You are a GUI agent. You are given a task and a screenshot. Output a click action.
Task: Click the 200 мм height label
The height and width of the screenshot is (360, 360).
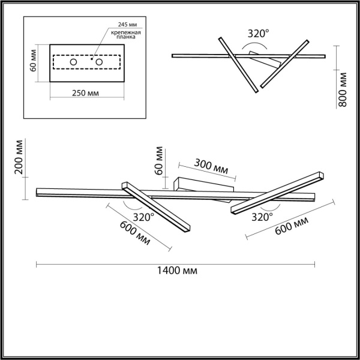point(19,158)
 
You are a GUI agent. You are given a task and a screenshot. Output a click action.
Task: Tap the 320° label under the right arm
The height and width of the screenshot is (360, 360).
point(262,216)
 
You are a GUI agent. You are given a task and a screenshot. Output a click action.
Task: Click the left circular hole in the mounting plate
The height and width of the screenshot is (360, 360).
point(74,62)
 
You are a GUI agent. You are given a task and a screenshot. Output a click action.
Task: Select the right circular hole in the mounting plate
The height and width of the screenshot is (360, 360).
point(100,62)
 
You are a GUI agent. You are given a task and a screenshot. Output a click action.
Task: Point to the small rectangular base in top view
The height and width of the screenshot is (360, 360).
point(265,59)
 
